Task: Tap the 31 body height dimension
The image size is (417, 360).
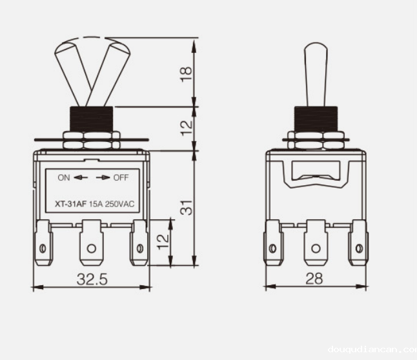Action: point(186,207)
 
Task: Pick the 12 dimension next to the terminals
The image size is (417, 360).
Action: point(163,241)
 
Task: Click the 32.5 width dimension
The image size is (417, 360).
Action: point(92,279)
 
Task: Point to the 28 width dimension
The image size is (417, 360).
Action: point(315,279)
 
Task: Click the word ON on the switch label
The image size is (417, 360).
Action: point(63,177)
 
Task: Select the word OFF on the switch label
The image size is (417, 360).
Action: point(121,177)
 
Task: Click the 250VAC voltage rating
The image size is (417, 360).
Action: point(119,205)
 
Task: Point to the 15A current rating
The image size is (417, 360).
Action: point(96,205)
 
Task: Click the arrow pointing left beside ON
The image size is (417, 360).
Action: point(80,177)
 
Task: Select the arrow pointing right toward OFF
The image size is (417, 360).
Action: point(103,177)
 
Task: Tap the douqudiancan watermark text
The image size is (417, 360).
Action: point(371,350)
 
